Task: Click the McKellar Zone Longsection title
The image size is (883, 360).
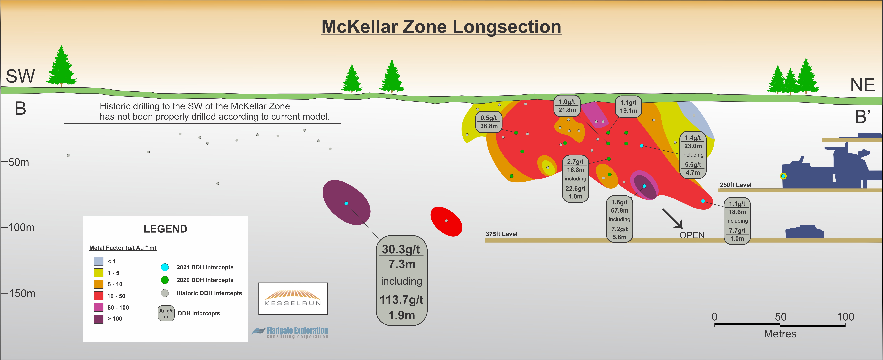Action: pos(441,27)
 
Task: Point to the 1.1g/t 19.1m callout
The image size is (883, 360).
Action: pos(628,107)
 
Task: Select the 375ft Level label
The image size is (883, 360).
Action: pos(501,234)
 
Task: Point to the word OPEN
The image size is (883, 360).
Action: pos(692,235)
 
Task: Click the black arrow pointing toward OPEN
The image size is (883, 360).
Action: pos(672,218)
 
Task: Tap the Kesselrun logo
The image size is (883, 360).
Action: pos(293,298)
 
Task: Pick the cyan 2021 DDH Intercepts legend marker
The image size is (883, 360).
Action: pos(165,267)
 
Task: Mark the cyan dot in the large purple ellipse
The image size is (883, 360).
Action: pos(346,203)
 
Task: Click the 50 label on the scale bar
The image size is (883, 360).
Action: pos(781,317)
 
